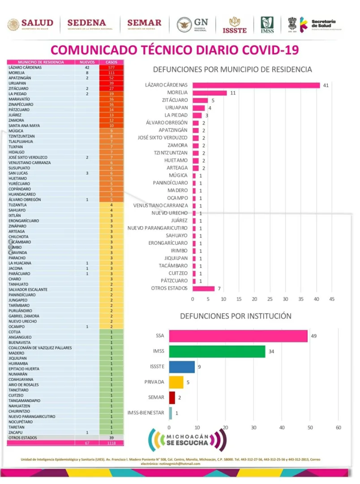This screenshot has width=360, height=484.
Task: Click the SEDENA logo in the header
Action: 86,24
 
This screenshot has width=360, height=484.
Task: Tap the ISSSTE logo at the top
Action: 234,25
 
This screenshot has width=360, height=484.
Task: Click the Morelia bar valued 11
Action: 210,93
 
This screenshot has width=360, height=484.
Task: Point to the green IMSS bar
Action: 217,351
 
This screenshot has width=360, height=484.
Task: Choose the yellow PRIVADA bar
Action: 176,382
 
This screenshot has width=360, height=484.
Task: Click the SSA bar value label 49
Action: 314,336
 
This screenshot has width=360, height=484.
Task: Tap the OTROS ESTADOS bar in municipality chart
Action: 203,289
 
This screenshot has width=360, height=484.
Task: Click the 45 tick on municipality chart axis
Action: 332,299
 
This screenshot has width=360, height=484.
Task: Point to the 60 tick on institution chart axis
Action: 339,428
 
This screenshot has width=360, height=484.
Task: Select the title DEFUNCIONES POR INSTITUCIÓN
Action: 236,316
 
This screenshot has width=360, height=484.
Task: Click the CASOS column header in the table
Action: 111,62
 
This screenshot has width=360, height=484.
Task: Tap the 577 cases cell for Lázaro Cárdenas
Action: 111,68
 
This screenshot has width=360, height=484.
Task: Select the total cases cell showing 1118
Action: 111,443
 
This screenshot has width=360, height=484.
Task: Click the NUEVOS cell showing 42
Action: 87,68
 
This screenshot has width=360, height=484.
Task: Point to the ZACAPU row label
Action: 16,432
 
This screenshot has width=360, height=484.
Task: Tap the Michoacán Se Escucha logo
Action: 188,440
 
